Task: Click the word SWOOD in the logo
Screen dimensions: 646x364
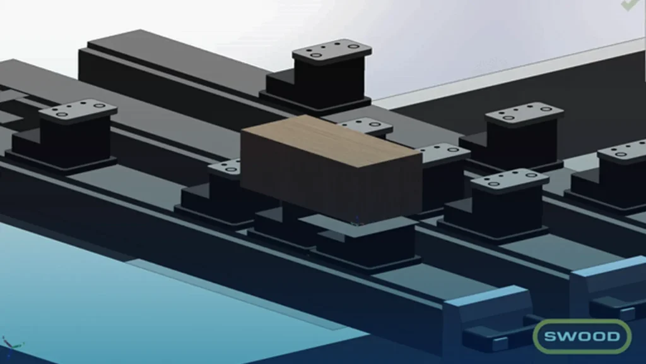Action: click(x=582, y=336)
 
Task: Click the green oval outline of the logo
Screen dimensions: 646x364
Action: click(x=582, y=320)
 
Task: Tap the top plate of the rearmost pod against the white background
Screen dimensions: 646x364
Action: click(x=332, y=51)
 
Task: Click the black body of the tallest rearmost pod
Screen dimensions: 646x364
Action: click(x=326, y=80)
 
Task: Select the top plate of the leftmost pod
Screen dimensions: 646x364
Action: click(x=78, y=110)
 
